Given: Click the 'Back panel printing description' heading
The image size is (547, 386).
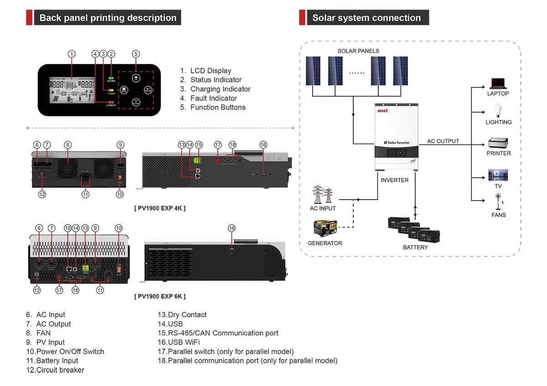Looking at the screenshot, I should tap(108, 18).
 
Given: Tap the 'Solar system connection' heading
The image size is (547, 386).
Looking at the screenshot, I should tap(366, 18).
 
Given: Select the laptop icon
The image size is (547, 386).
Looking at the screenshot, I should tap(498, 84).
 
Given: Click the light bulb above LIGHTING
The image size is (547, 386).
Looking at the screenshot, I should tap(498, 111).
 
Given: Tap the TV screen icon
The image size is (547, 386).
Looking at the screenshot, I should tap(498, 175).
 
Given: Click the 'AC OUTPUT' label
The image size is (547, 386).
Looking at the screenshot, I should tap(443, 141).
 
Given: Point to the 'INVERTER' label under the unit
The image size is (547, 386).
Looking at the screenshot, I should tap(394, 180).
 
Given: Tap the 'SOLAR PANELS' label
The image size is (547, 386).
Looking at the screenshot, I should tap(358, 51).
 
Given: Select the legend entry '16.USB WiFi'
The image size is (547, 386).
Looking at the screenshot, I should tap(179, 342).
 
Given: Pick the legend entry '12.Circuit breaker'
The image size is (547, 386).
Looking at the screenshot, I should tap(55, 370).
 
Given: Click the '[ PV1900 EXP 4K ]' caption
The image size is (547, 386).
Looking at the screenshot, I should tap(160, 208).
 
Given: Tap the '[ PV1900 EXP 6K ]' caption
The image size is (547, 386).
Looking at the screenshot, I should tap(160, 296).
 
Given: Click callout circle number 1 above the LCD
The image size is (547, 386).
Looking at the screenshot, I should tap(72, 54).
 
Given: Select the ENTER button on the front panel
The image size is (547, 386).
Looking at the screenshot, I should tap(148, 90).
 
